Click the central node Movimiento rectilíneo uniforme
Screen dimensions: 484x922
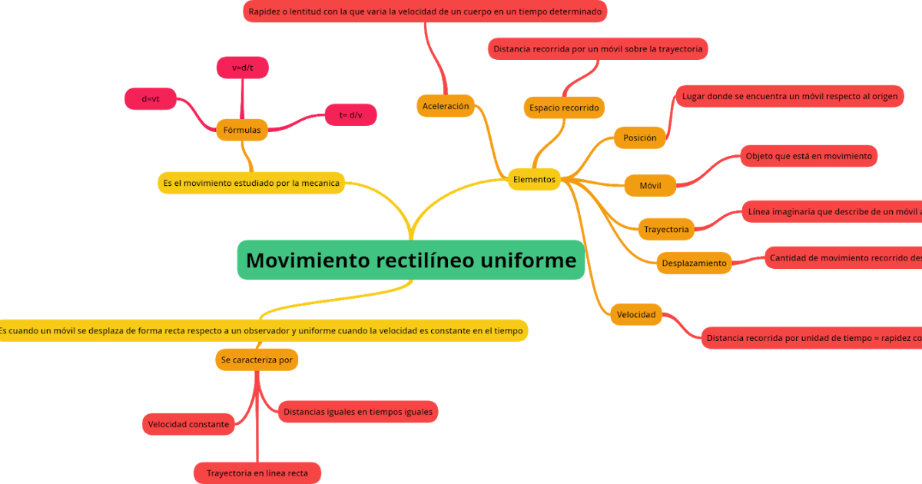pyautogui.click(x=411, y=260)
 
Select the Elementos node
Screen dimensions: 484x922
pyautogui.click(x=533, y=179)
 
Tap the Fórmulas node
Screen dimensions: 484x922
pyautogui.click(x=242, y=130)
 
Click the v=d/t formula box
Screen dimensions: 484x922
pyautogui.click(x=242, y=68)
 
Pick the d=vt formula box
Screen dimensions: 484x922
pyautogui.click(x=151, y=98)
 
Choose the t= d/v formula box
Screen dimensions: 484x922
pyautogui.click(x=350, y=114)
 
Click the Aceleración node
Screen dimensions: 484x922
pyautogui.click(x=446, y=106)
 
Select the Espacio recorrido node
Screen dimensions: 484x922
pyautogui.click(x=564, y=108)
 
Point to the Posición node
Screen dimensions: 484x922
pyautogui.click(x=639, y=138)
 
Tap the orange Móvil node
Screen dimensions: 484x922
pyautogui.click(x=650, y=185)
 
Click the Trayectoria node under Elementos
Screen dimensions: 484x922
pyautogui.click(x=666, y=229)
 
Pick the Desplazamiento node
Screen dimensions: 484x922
pyautogui.click(x=694, y=263)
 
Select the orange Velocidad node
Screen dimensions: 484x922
pyautogui.click(x=636, y=314)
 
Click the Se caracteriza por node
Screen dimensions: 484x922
pyautogui.click(x=257, y=359)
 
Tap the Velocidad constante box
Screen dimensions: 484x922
pyautogui.click(x=188, y=424)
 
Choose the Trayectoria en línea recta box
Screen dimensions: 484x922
pyautogui.click(x=257, y=472)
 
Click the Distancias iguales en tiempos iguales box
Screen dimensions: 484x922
pyautogui.click(x=357, y=411)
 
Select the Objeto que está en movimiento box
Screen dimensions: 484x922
pyautogui.click(x=808, y=156)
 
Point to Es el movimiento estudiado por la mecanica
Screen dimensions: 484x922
pyautogui.click(x=251, y=183)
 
